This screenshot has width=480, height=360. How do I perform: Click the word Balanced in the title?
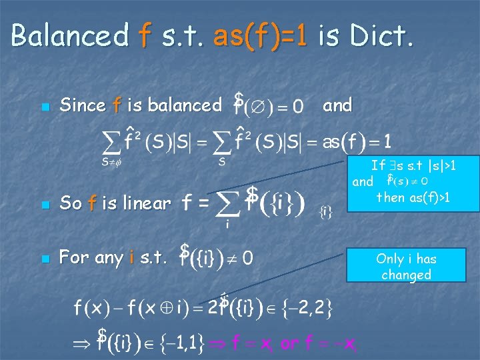(x=69, y=35)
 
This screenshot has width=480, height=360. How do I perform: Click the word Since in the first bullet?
(x=83, y=105)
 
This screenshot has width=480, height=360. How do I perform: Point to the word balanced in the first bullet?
(x=185, y=105)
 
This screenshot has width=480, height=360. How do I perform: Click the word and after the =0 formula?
(x=337, y=105)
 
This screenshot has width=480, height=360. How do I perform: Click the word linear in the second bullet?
(x=147, y=203)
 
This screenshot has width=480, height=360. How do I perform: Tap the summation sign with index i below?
(x=227, y=203)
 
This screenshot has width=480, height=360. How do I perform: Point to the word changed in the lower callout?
(x=406, y=275)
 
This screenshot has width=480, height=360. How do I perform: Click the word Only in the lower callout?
(x=389, y=259)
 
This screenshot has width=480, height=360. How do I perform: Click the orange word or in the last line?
(x=290, y=344)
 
